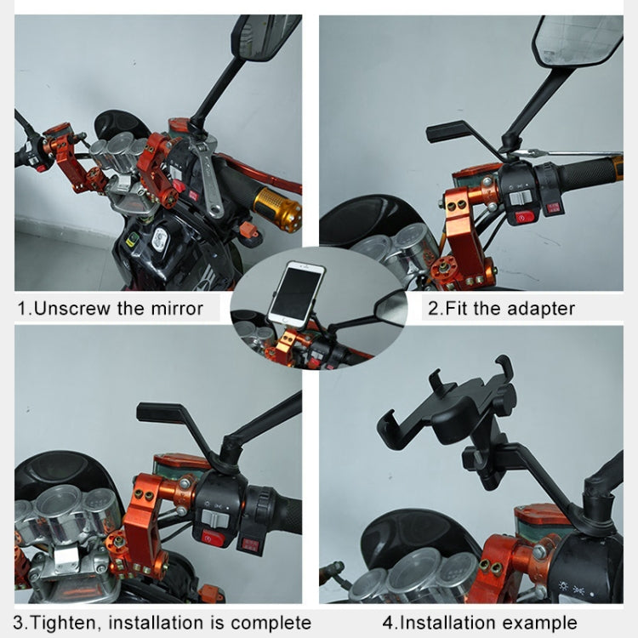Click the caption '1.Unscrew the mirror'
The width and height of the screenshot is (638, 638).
tap(111, 308)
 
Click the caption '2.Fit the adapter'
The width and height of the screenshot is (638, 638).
tap(500, 308)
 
